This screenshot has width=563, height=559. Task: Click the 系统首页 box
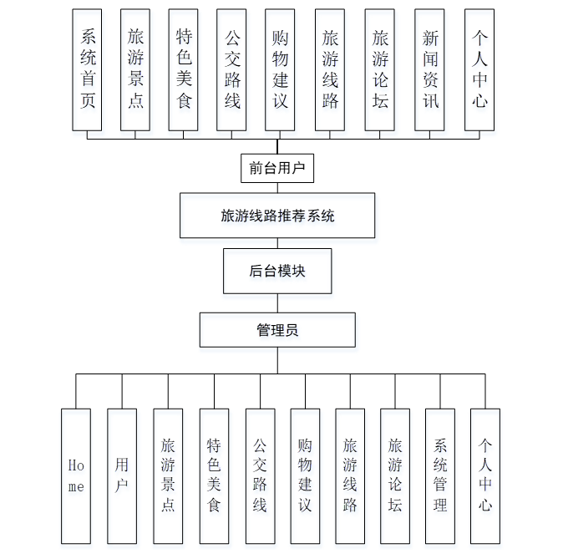(x=87, y=70)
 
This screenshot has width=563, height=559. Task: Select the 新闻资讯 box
(x=429, y=70)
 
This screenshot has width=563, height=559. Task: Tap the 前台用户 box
(x=277, y=168)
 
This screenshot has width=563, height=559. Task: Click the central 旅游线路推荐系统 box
(x=277, y=216)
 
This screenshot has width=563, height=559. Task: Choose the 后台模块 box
(x=277, y=271)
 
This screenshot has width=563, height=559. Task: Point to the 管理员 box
(x=277, y=330)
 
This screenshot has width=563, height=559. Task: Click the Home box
(x=76, y=475)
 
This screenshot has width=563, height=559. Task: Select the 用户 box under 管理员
(x=122, y=475)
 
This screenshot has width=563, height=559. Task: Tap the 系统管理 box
(x=440, y=475)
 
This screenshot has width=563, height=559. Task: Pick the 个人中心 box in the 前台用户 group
(x=479, y=70)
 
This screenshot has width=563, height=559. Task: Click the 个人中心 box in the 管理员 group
(x=485, y=475)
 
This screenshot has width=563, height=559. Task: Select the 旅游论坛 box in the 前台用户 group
(x=380, y=70)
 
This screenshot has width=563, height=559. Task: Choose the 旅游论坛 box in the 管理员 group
(x=395, y=475)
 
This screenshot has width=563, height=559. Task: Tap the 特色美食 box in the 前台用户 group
(x=184, y=70)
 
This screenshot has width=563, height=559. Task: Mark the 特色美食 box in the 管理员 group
(x=214, y=475)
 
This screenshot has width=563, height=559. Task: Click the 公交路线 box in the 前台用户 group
(x=231, y=70)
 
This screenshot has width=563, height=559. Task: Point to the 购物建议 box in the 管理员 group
(x=305, y=475)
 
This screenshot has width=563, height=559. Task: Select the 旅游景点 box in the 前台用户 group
(x=135, y=70)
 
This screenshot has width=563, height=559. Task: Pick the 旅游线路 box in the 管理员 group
(x=350, y=475)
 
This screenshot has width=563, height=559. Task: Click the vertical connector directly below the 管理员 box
(x=277, y=360)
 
